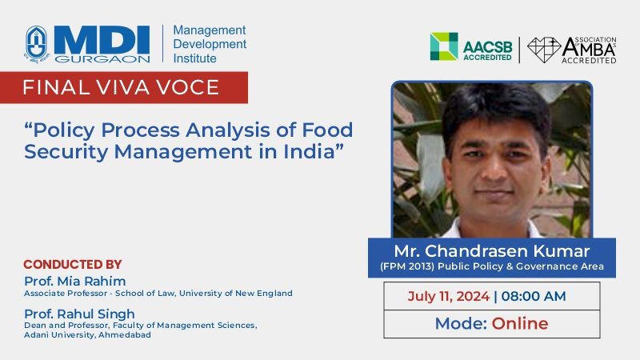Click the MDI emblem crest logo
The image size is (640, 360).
pyautogui.click(x=37, y=44)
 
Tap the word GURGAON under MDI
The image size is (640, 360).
pyautogui.click(x=102, y=59)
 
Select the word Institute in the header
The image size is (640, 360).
pyautogui.click(x=194, y=58)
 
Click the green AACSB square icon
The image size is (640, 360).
pyautogui.click(x=444, y=46)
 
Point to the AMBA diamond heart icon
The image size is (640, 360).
pyautogui.click(x=544, y=50)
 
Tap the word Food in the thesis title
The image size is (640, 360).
pyautogui.click(x=327, y=130)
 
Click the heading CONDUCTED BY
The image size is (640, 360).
pyautogui.click(x=73, y=265)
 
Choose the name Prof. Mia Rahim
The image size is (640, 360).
pyautogui.click(x=74, y=282)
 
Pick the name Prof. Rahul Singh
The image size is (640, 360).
pyautogui.click(x=79, y=314)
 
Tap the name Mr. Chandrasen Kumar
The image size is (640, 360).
pyautogui.click(x=492, y=250)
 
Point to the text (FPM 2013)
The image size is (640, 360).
pyautogui.click(x=407, y=266)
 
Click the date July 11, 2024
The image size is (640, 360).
pyautogui.click(x=448, y=296)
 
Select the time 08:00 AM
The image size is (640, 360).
pyautogui.click(x=534, y=296)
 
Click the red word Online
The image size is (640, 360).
pyautogui.click(x=520, y=324)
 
